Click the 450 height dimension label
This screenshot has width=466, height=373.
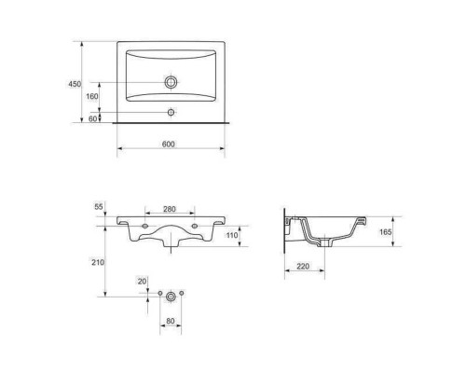coord(75,84)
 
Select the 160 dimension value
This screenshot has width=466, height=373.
coord(92,96)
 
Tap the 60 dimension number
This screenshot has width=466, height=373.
coord(93,118)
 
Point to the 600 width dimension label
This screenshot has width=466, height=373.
coord(169,144)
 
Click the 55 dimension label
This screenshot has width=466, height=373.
coord(99,207)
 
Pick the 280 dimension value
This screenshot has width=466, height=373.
coord(170,209)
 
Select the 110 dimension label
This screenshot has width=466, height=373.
coord(232,235)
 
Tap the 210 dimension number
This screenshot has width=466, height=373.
coord(98,262)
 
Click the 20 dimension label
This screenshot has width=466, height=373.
coord(142,282)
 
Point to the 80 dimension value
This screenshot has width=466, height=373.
coord(171,321)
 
